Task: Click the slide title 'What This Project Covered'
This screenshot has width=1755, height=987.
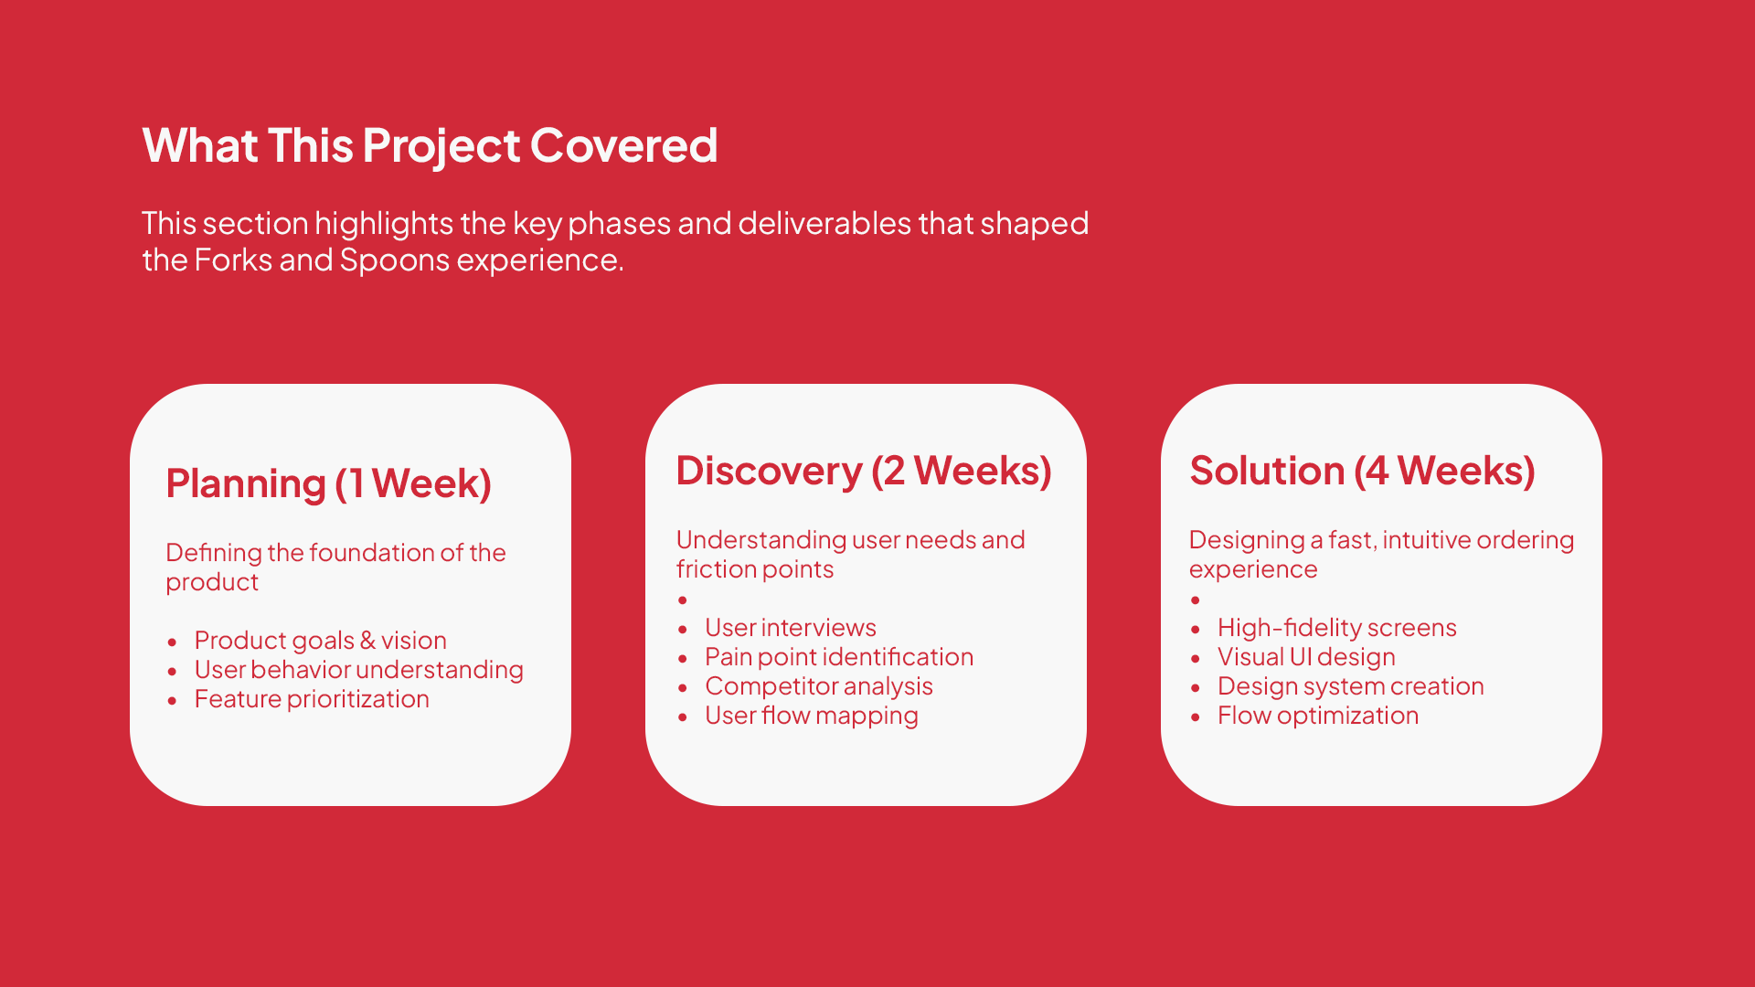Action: point(430,146)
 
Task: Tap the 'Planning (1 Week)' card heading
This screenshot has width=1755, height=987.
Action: point(328,483)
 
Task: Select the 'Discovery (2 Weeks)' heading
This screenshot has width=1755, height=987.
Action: point(864,471)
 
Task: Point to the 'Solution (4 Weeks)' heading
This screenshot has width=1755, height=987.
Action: point(1362,471)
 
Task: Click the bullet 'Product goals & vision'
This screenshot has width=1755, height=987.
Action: point(320,641)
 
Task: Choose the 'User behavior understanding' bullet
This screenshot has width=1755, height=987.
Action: point(358,670)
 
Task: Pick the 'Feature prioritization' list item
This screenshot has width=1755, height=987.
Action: point(312,699)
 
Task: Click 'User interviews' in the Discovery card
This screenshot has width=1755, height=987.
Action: point(790,628)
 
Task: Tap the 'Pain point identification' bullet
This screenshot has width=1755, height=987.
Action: point(839,657)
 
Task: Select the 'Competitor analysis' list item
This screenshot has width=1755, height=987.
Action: point(819,686)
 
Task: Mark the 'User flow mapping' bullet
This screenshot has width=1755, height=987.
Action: point(812,716)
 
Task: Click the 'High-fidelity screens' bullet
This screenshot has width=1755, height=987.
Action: point(1336,628)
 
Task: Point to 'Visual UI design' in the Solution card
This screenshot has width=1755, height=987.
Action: point(1306,657)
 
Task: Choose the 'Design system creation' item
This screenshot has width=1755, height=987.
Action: point(1350,686)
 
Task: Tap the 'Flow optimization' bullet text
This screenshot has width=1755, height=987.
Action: point(1318,716)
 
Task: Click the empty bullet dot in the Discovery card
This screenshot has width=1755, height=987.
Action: point(683,600)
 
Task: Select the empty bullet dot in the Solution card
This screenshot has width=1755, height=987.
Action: point(1196,600)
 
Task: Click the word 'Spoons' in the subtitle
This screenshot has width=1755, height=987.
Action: point(395,260)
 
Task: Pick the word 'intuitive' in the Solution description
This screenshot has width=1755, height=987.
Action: point(1426,540)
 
